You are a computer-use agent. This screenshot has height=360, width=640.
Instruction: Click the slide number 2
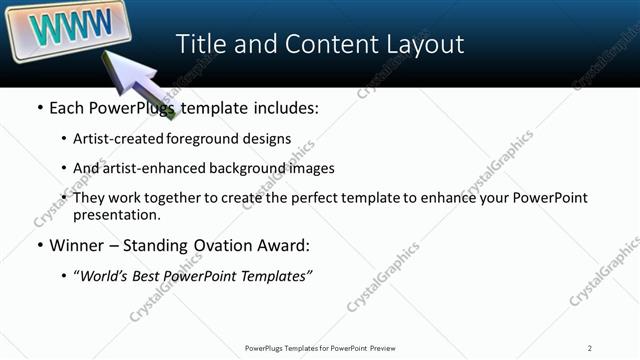pyautogui.click(x=590, y=348)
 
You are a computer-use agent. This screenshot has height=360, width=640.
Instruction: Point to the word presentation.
pyautogui.click(x=116, y=214)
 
